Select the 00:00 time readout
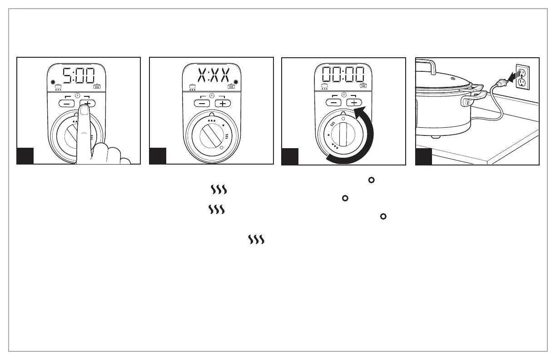(344, 75)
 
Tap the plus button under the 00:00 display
(354, 103)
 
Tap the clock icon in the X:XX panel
(211, 95)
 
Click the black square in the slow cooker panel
(424, 156)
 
